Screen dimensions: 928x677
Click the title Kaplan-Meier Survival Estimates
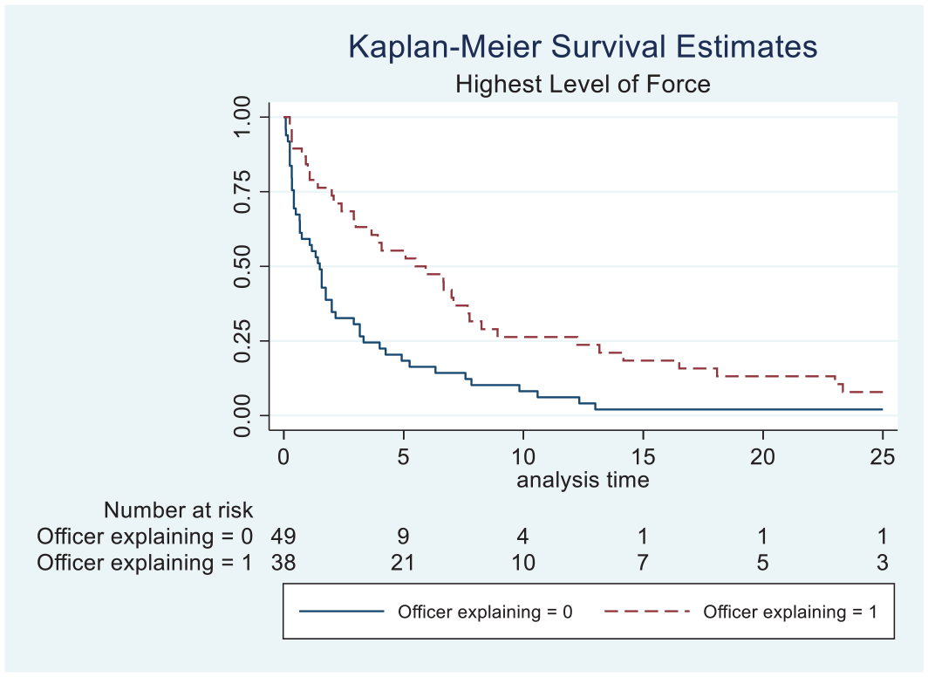[583, 46]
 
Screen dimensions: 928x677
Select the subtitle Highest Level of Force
[583, 84]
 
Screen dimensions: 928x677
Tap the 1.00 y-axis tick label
[242, 117]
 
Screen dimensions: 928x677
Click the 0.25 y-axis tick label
[242, 341]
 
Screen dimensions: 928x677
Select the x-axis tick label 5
[404, 456]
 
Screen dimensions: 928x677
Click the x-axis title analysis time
[583, 479]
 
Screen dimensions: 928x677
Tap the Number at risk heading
[178, 510]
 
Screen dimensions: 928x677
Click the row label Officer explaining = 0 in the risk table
[145, 537]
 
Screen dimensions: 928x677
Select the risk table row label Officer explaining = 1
[145, 562]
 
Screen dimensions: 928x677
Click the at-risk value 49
[283, 537]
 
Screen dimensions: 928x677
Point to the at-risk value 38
[283, 562]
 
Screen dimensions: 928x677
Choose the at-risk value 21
[402, 562]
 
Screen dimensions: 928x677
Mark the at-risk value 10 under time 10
[523, 562]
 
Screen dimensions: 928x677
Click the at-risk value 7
[643, 562]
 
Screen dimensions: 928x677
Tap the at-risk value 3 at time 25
[883, 562]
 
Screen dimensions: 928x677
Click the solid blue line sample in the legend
[342, 611]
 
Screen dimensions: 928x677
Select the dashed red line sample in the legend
[647, 611]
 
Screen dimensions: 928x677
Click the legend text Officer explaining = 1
[790, 612]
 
